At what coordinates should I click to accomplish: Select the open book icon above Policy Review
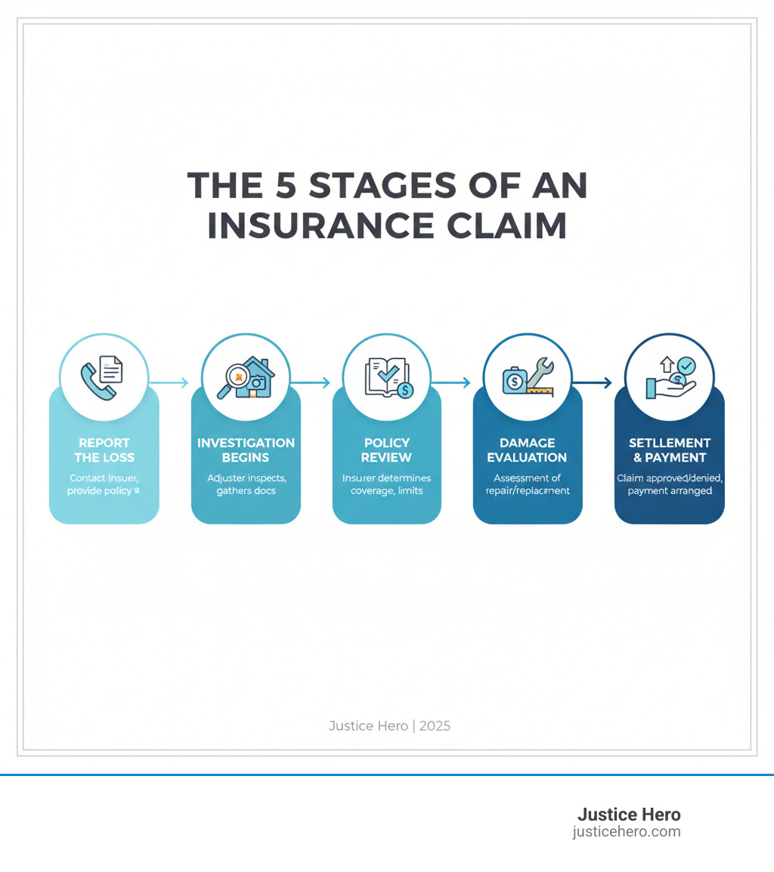click(384, 376)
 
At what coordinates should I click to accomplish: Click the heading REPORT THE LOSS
click(104, 450)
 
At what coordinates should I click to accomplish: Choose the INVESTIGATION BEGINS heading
click(246, 450)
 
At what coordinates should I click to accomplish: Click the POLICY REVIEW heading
click(387, 450)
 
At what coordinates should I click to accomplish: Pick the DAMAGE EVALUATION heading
click(528, 450)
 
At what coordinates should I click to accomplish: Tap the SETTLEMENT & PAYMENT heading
click(670, 450)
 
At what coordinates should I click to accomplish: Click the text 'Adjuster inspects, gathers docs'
click(246, 484)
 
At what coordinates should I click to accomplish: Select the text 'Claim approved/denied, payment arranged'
click(670, 484)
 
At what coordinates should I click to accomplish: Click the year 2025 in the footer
click(435, 726)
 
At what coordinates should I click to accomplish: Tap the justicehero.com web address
click(627, 832)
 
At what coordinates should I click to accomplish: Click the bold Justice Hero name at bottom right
click(629, 815)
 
